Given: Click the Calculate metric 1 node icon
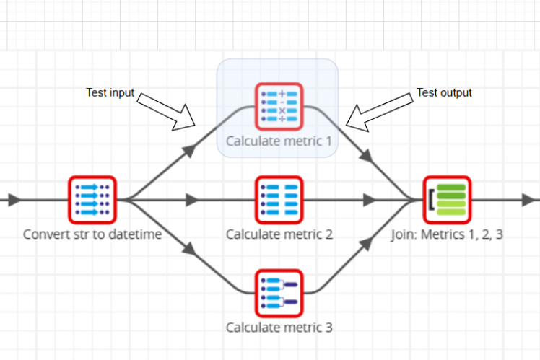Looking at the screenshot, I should click(279, 107).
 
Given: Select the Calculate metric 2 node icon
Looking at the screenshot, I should click(279, 200).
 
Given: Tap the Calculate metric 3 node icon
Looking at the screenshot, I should click(279, 293).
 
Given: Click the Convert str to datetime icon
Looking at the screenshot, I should click(92, 200).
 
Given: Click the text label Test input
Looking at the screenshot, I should click(110, 92).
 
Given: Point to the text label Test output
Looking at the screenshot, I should click(444, 92).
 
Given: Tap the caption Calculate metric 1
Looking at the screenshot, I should click(279, 141).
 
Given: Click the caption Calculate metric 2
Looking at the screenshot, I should click(279, 234).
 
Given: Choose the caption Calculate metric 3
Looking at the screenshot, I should click(279, 327).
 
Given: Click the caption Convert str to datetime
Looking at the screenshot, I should click(92, 234).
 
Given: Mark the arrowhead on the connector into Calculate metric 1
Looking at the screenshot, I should click(189, 149).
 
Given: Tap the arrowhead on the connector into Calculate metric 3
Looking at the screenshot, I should click(189, 250).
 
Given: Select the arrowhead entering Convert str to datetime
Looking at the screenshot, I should click(14, 200).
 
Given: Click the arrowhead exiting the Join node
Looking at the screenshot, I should click(531, 200).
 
